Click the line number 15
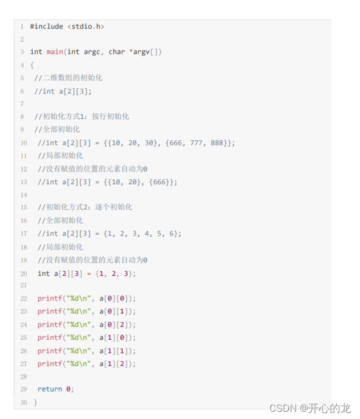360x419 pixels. click(23, 207)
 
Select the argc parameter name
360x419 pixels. click(92, 52)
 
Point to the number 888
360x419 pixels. click(219, 142)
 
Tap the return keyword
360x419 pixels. click(49, 389)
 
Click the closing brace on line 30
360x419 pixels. click(35, 402)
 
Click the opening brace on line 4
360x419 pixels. click(32, 65)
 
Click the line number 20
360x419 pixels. click(23, 273)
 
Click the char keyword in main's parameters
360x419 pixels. click(116, 52)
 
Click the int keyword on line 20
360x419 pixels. click(44, 274)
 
